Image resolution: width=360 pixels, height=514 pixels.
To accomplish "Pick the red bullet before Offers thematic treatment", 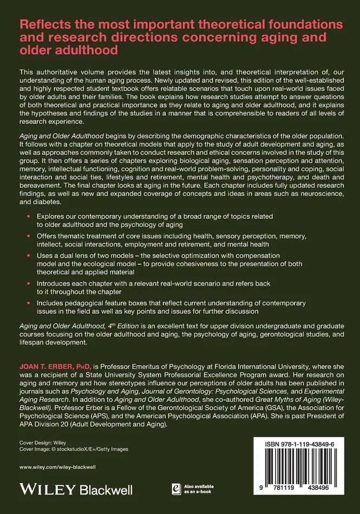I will coord(28,236).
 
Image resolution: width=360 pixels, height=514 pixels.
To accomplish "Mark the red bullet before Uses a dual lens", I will coord(28,256).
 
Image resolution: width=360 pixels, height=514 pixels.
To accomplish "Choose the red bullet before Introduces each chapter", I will coord(28,284).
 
